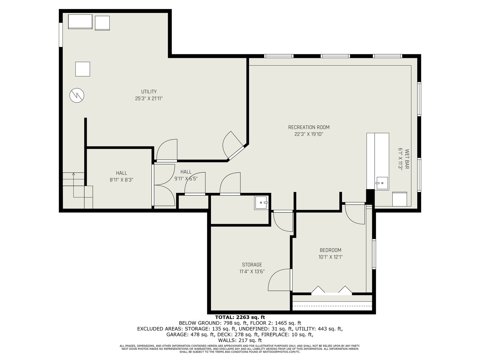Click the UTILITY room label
149,91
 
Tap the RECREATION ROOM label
309,127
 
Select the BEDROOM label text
330,250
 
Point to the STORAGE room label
252,265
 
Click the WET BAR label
407,159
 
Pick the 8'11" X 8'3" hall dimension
121,180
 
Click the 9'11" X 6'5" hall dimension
186,178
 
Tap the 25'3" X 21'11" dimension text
149,98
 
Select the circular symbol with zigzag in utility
77,95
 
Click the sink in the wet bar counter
382,183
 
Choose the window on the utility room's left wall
61,34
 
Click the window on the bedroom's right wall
374,254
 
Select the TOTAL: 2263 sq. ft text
240,317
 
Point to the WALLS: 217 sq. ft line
240,340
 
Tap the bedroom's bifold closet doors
332,290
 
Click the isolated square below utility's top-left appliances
83,69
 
